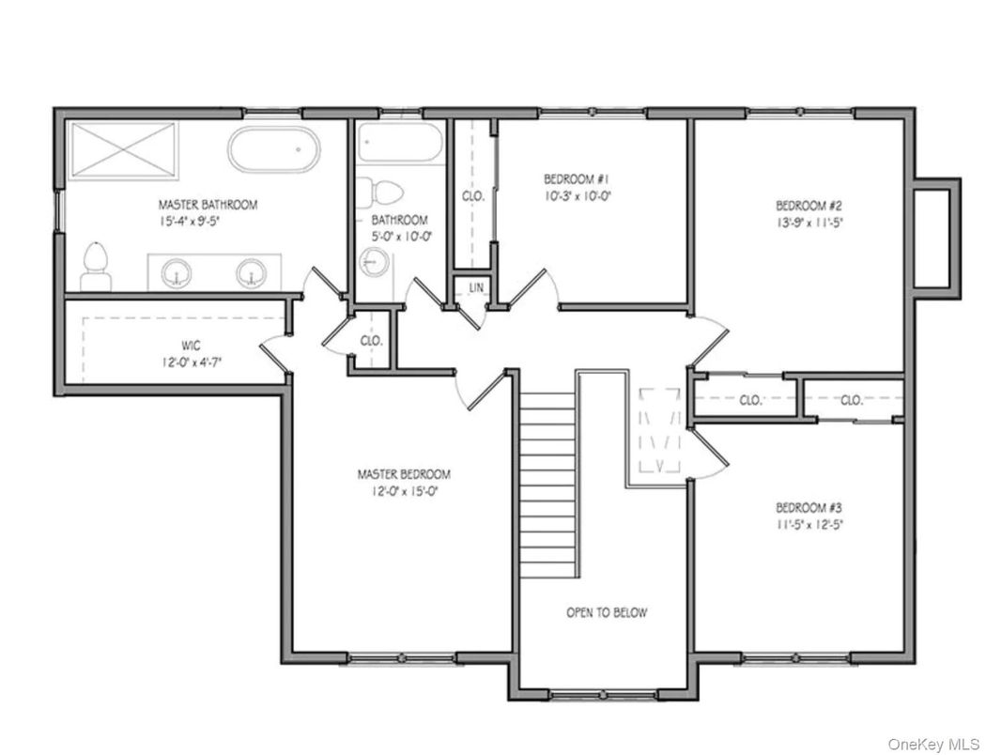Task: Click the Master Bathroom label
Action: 207,204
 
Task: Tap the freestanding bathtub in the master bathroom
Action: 273,149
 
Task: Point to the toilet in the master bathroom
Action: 96,266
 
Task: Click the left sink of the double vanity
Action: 175,273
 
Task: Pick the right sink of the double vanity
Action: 250,273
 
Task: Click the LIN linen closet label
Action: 476,286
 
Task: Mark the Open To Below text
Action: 606,612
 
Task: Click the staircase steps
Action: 547,484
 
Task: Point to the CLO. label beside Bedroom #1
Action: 472,196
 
